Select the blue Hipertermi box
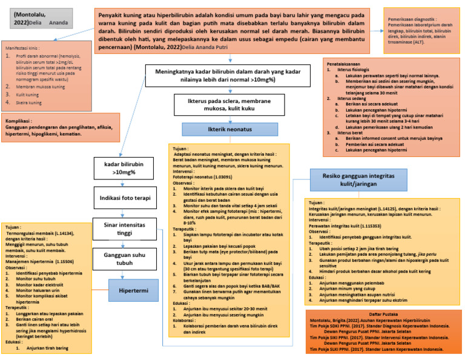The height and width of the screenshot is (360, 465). point(133,290)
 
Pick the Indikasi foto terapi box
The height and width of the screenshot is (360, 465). point(125,197)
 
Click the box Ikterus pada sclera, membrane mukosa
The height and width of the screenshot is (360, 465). point(213,104)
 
